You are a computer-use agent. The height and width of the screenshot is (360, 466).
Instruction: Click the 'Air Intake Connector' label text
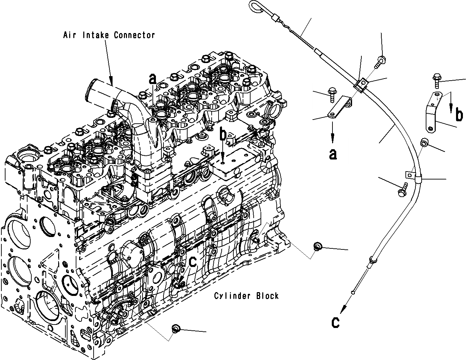(109, 35)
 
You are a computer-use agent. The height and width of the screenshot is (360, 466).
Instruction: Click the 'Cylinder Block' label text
(246, 296)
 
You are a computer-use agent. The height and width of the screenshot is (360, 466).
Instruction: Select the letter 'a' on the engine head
(152, 79)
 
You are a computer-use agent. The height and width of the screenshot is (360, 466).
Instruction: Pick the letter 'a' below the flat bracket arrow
(332, 154)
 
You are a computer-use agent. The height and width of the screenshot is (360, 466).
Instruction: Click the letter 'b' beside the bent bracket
(459, 115)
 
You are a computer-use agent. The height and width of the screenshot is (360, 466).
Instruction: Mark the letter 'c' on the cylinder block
(193, 261)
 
